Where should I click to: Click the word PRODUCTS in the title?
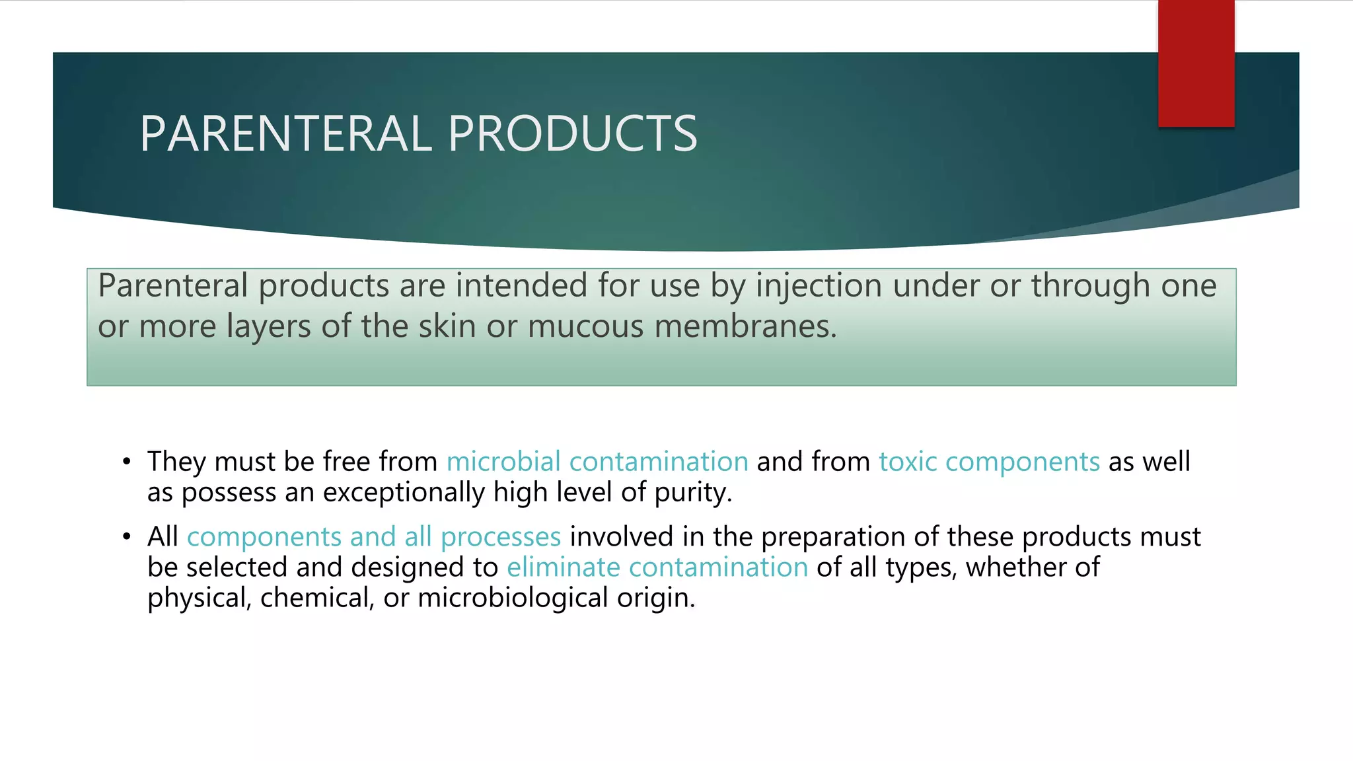[572, 134]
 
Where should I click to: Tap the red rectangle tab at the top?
[1196, 63]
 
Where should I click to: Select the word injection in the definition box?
[819, 287]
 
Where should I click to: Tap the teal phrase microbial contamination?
[597, 462]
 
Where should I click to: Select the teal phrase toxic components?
[989, 462]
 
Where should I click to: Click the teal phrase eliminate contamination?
[657, 567]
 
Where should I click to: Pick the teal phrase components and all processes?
[374, 537]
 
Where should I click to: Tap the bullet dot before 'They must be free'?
[126, 462]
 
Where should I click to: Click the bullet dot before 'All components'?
[126, 537]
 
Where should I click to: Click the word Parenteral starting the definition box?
[173, 287]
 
